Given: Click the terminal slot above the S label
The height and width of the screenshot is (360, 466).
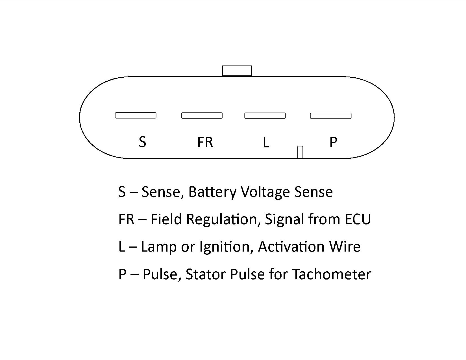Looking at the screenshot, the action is click(x=136, y=115).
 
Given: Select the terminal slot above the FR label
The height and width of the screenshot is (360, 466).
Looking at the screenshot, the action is click(x=202, y=115).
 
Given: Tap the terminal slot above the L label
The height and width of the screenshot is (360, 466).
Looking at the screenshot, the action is click(x=265, y=115).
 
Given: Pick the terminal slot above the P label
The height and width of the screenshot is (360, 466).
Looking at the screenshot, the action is click(x=331, y=116).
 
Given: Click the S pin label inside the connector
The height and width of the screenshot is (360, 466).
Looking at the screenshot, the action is click(x=142, y=142).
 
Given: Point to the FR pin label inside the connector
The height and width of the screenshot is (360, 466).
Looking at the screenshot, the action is click(x=205, y=142).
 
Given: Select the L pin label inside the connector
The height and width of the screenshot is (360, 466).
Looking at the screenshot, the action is click(x=266, y=142).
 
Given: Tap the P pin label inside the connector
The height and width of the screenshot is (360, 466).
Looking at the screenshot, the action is click(x=333, y=142).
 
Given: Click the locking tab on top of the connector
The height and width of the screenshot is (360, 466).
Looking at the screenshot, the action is click(x=237, y=71).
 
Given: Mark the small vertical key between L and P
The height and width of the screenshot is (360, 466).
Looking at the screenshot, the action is click(x=300, y=152).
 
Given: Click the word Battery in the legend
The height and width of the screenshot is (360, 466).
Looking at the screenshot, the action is click(x=212, y=192).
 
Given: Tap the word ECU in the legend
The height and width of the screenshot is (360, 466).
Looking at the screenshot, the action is click(x=358, y=219).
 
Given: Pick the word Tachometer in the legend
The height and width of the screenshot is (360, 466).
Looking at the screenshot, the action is click(x=332, y=274).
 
